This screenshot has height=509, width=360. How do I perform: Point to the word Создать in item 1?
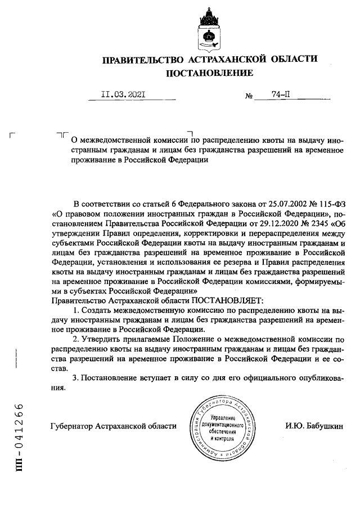click(x=98, y=310)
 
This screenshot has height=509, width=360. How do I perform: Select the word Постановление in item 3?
click(x=108, y=379)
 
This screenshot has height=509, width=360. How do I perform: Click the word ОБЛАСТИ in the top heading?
click(x=291, y=58)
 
